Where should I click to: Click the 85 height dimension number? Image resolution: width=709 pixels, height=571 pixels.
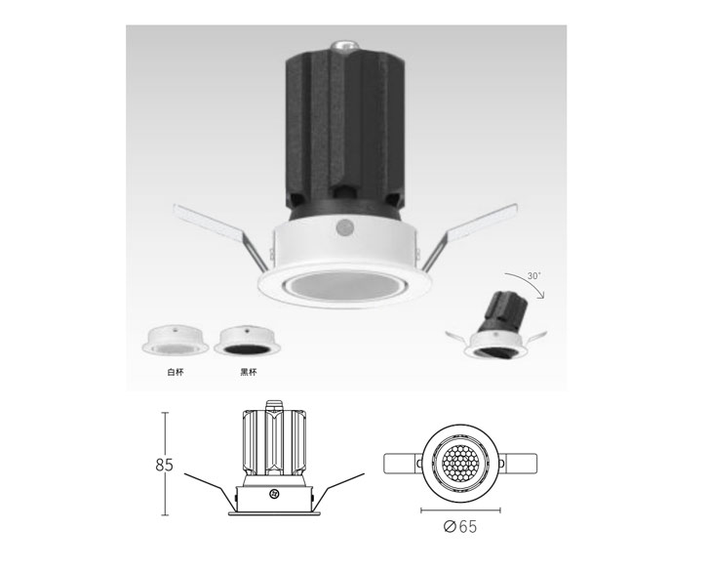[164, 465]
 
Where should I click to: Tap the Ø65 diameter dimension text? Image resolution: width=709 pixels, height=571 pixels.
[460, 526]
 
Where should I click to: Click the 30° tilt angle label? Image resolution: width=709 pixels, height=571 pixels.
[534, 275]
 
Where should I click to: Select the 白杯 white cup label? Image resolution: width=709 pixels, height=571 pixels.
[176, 373]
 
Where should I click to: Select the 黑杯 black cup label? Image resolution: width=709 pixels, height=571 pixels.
[249, 373]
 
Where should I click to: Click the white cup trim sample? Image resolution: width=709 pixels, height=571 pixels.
[175, 340]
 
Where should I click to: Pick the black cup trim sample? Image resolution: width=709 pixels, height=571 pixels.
[248, 341]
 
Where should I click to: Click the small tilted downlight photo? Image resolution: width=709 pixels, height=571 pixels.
[496, 325]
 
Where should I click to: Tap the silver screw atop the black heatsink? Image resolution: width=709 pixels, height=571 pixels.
[344, 46]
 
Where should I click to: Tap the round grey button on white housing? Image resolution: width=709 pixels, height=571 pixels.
[345, 227]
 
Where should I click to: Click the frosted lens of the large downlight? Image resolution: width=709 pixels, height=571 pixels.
[344, 287]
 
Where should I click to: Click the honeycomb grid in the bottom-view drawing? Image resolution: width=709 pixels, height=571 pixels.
[460, 464]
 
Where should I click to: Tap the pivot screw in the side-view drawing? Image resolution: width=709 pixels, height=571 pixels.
[273, 494]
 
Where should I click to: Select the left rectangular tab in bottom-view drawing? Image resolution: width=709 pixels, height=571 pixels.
[404, 464]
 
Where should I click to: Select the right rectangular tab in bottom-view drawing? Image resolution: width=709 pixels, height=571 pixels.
[518, 464]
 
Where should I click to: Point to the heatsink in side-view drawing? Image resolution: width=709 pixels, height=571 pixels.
[274, 442]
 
